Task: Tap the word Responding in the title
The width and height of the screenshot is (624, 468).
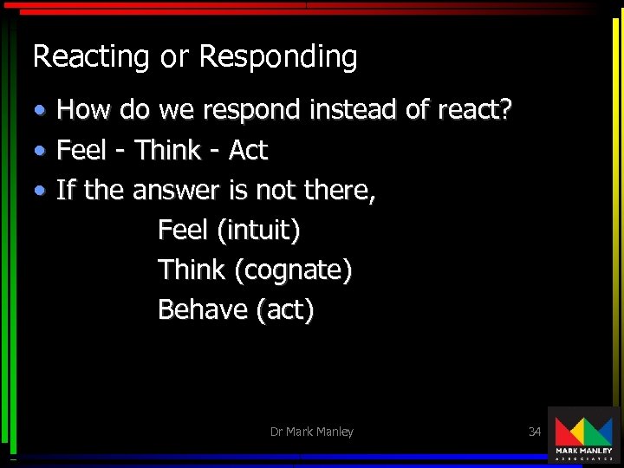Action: tap(277, 57)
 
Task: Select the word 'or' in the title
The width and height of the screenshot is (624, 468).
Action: tap(173, 57)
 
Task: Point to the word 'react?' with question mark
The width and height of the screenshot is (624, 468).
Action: tap(475, 110)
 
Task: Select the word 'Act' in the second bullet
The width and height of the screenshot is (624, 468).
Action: tap(248, 151)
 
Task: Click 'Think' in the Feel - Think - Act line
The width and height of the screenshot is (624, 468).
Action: tap(167, 151)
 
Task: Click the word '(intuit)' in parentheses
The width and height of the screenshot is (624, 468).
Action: tap(258, 231)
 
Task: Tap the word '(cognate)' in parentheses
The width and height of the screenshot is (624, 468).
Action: tap(293, 270)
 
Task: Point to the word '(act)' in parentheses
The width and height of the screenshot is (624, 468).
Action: tap(285, 309)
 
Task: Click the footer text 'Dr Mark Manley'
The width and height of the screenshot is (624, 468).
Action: tap(311, 432)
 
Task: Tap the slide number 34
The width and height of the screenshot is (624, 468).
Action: tap(535, 431)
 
